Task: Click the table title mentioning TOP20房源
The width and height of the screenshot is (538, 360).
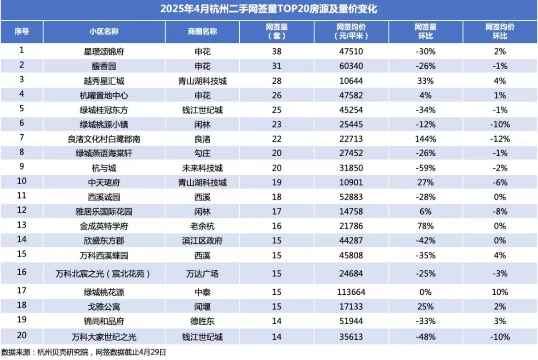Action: pyautogui.click(x=269, y=9)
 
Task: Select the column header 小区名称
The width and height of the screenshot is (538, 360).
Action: pyautogui.click(x=104, y=32)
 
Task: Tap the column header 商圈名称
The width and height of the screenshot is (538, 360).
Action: pyautogui.click(x=202, y=32)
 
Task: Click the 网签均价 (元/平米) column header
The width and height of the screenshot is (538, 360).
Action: pyautogui.click(x=351, y=31)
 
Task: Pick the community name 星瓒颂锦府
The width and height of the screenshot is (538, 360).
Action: pyautogui.click(x=101, y=52)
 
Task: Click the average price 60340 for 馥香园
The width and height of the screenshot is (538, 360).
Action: pyautogui.click(x=351, y=66)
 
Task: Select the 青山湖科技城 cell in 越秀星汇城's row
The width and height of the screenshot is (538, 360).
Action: pyautogui.click(x=202, y=81)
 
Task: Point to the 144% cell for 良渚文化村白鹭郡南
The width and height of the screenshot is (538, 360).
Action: pyautogui.click(x=425, y=139)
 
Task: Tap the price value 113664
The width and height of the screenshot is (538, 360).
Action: pyautogui.click(x=351, y=292)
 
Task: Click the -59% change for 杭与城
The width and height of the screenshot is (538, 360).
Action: pyautogui.click(x=425, y=168)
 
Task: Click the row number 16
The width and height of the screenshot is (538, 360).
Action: pyautogui.click(x=22, y=273)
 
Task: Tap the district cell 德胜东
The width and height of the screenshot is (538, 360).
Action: pyautogui.click(x=202, y=321)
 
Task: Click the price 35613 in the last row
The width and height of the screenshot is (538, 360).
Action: pyautogui.click(x=351, y=337)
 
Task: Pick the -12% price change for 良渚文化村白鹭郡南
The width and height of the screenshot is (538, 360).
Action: pyautogui.click(x=500, y=139)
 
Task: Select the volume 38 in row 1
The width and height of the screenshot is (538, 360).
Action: pyautogui.click(x=277, y=52)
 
